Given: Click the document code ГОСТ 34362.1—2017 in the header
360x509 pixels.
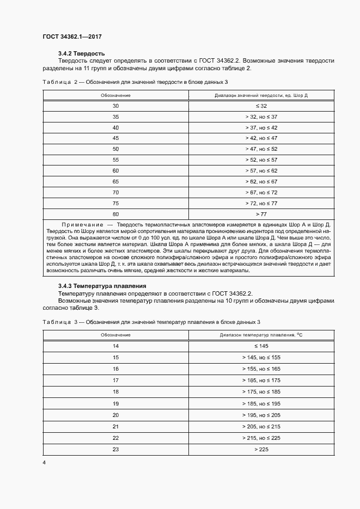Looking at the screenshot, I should [x=72, y=37].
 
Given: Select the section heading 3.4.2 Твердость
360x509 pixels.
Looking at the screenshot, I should [x=81, y=53].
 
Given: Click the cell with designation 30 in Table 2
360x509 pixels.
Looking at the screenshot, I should [x=115, y=106].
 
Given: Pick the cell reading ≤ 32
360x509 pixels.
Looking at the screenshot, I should [x=261, y=106].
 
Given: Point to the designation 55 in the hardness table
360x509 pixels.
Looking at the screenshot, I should [x=115, y=160].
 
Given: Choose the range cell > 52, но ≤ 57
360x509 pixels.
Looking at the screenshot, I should [x=261, y=160].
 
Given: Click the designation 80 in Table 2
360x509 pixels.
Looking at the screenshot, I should [x=115, y=214].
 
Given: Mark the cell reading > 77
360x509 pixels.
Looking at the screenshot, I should [x=261, y=214].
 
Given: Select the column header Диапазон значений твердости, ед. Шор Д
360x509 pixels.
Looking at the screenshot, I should [x=261, y=95].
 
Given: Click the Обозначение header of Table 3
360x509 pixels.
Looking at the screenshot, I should [x=115, y=335].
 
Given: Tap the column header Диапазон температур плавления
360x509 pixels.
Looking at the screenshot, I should [x=261, y=335].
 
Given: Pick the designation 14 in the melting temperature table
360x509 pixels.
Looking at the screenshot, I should [x=115, y=346].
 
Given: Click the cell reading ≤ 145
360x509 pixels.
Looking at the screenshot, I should [x=261, y=346].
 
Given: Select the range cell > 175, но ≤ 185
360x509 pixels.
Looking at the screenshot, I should [x=261, y=391].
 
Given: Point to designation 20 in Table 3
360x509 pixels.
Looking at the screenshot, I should [x=115, y=414].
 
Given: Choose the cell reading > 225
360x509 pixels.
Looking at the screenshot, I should [x=261, y=449].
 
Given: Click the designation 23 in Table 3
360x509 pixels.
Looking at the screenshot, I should [x=115, y=449].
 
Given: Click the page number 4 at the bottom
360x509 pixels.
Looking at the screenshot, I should [x=44, y=462].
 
